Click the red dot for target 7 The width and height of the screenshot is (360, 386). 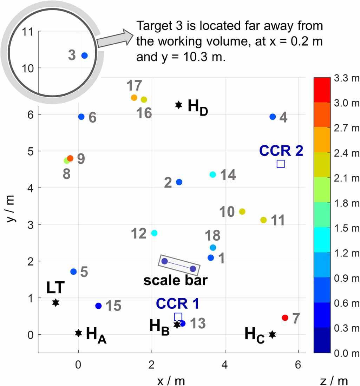coord(285,318)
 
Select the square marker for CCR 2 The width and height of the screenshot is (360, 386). coord(280,164)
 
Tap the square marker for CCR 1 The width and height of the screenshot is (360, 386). coord(178,316)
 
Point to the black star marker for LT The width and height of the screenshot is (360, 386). coord(55,302)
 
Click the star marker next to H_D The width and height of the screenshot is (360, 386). coord(179,105)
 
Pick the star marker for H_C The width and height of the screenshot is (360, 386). coord(272,334)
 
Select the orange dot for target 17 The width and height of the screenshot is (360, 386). coord(134,98)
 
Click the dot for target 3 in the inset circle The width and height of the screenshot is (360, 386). coord(84,55)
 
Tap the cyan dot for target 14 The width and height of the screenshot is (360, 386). coord(212,175)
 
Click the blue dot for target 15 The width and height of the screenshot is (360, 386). coord(98,306)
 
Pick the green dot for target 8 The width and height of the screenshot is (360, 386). coord(66,161)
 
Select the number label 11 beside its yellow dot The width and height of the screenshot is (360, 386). coord(277,221)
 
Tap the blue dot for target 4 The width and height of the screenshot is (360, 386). coord(273,117)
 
